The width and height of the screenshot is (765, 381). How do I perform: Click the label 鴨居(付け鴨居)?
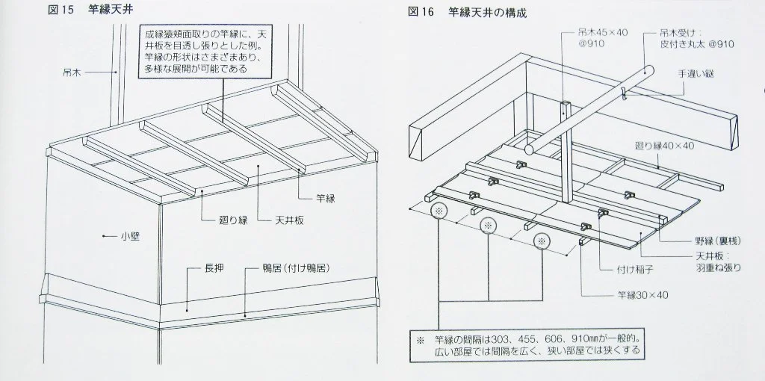pos(294,267)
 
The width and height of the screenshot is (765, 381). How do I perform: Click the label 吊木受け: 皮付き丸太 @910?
pos(695,40)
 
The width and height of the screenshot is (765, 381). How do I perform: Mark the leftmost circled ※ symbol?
pos(438,211)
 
